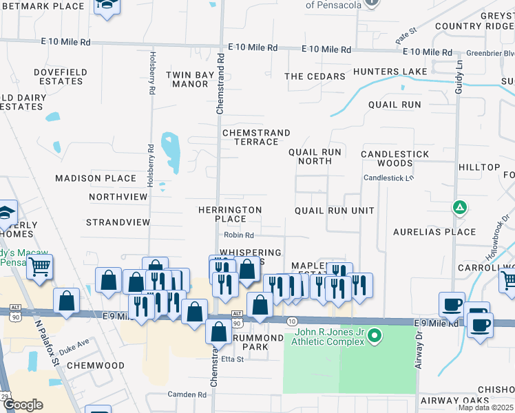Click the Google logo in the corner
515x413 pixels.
click(23, 405)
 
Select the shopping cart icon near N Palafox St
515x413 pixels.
click(40, 266)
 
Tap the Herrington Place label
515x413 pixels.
click(229, 214)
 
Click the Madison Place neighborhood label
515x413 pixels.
click(96, 178)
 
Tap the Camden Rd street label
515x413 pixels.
click(187, 395)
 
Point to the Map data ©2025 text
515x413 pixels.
click(485, 407)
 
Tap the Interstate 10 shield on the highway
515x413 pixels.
click(291, 321)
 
